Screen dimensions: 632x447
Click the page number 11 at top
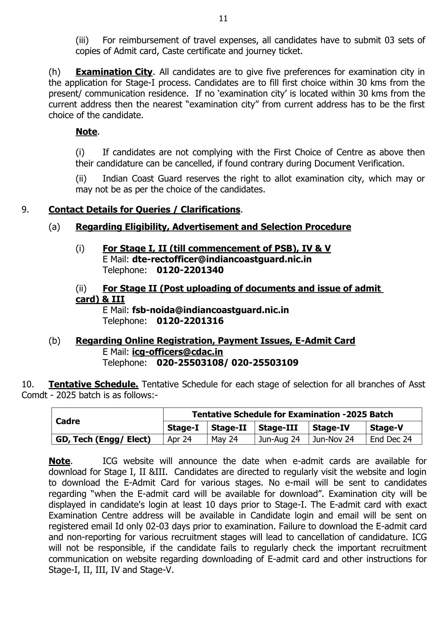(223, 18)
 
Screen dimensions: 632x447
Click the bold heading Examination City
(114, 72)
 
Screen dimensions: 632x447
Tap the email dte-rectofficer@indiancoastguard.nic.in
(222, 259)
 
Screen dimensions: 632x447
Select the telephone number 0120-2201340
(190, 270)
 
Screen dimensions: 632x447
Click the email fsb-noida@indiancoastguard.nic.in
(210, 310)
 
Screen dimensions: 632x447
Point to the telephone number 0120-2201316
(190, 321)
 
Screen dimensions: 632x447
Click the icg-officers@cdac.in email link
(177, 352)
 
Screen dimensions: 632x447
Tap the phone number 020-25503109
(265, 363)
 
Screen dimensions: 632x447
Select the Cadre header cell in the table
(68, 421)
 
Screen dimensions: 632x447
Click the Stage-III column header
(278, 428)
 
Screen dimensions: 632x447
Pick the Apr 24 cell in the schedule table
(179, 439)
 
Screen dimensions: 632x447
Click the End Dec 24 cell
(390, 439)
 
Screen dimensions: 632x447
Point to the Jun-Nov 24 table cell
(333, 439)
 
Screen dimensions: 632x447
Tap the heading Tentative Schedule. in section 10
(93, 384)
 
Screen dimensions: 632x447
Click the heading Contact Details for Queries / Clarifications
(144, 210)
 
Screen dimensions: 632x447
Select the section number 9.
(25, 210)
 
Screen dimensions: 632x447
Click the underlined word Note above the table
(59, 461)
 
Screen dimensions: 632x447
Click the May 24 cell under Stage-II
(224, 439)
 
